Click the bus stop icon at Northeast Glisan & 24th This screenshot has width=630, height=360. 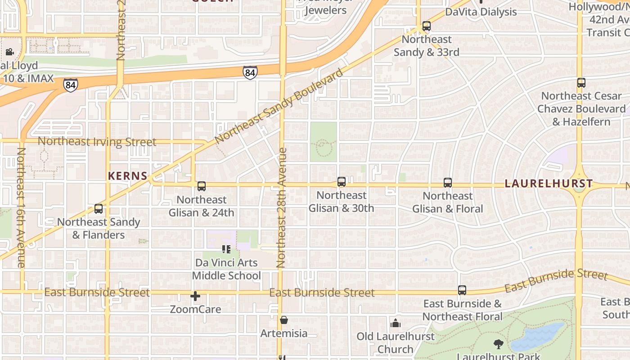tap(201, 186)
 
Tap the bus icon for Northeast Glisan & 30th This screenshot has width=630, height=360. tap(342, 182)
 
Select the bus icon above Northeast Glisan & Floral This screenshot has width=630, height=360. tap(447, 182)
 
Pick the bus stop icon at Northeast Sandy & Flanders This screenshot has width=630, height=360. tap(99, 208)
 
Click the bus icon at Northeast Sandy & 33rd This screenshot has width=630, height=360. tap(426, 26)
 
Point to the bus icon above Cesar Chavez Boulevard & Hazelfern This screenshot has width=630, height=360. tap(581, 83)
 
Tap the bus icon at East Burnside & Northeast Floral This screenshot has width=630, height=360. tap(462, 290)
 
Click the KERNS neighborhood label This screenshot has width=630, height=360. tap(128, 176)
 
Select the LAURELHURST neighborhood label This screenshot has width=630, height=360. tap(549, 184)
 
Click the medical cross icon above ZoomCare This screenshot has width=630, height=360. tap(195, 296)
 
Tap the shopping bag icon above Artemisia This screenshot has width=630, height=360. tap(284, 320)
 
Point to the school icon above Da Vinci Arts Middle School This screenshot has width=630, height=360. tap(226, 249)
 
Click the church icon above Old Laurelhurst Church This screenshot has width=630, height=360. tap(396, 323)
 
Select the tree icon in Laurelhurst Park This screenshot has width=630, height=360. tap(498, 344)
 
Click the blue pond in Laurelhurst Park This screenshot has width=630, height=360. tap(538, 337)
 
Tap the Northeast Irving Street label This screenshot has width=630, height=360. tap(97, 142)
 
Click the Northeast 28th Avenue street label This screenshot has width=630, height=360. tap(282, 208)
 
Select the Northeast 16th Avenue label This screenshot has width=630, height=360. tap(21, 207)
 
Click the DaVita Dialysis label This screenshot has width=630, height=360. tap(481, 12)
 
